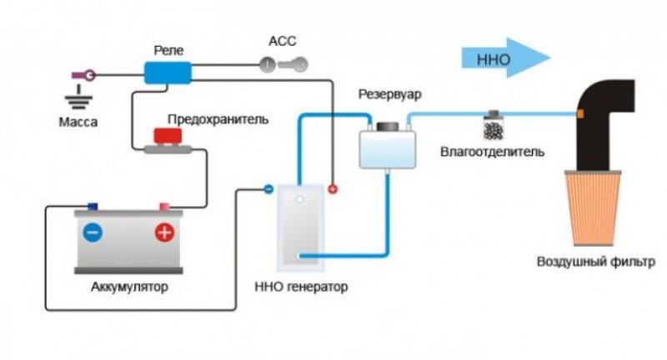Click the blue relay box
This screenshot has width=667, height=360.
click(168, 72)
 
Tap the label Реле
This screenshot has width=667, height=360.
click(168, 51)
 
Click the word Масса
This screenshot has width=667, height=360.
click(78, 122)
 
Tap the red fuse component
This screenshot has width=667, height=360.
click(170, 138)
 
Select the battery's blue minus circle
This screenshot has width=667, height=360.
click(93, 232)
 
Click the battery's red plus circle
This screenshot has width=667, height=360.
click(164, 232)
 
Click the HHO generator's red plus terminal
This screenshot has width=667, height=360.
click(333, 189)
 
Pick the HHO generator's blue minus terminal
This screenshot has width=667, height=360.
click(268, 189)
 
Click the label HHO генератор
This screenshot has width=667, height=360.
click(300, 288)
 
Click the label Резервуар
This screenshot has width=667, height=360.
click(389, 94)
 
